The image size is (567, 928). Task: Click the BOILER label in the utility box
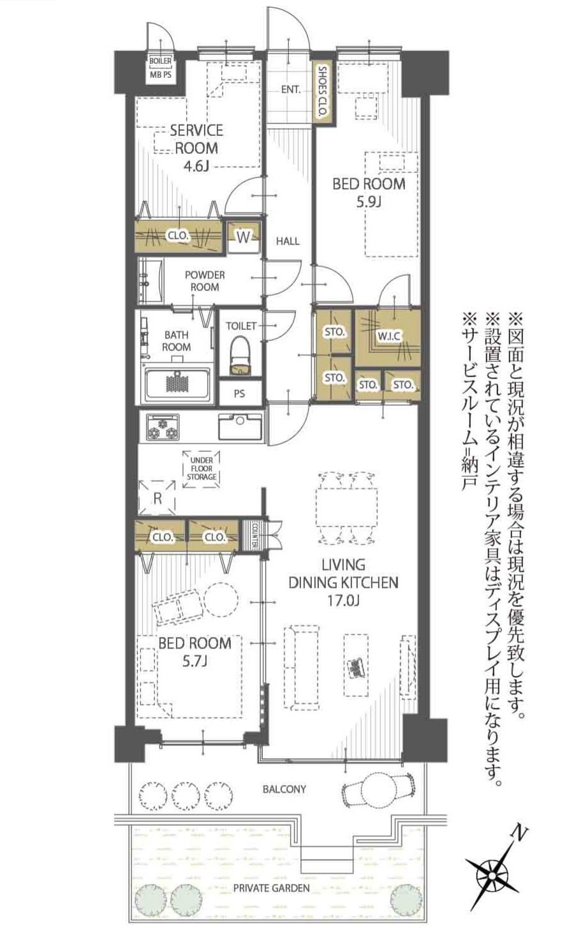tap(160, 61)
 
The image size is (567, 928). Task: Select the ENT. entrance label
tap(291, 89)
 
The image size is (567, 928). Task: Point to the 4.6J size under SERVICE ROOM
tap(196, 167)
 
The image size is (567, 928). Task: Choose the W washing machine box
tap(244, 237)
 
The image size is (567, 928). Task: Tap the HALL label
tap(288, 241)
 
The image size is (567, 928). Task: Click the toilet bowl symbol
tap(240, 355)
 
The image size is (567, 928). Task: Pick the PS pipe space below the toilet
tap(240, 393)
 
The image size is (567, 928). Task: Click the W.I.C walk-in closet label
tap(388, 336)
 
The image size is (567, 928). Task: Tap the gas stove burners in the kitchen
tap(163, 427)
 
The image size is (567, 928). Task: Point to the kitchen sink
tap(240, 426)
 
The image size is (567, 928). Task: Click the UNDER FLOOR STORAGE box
tap(201, 469)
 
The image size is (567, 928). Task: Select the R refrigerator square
tap(157, 498)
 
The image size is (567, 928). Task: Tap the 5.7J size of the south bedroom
tap(195, 661)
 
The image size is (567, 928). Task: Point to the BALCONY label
tap(284, 789)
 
